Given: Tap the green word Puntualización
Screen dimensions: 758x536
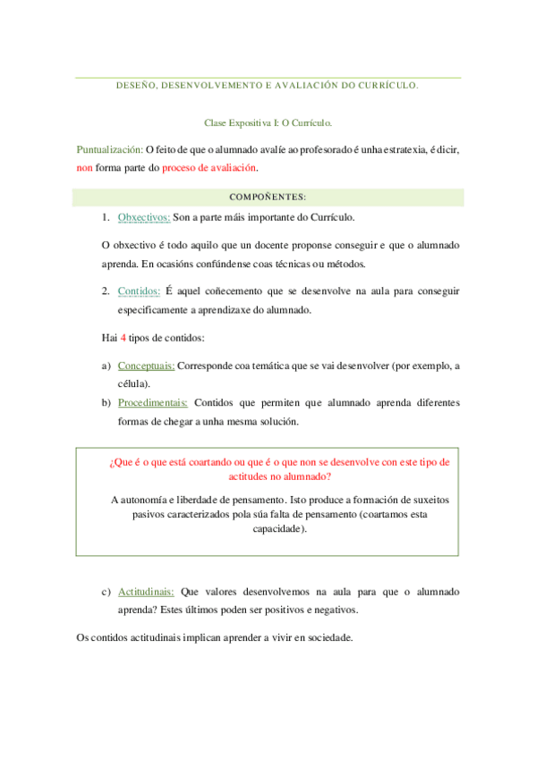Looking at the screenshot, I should (x=110, y=150).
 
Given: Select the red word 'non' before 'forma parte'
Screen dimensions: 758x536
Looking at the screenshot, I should (x=85, y=167).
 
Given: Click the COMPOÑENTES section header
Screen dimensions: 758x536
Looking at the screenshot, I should (x=268, y=196).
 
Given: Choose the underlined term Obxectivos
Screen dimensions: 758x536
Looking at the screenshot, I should (x=144, y=216).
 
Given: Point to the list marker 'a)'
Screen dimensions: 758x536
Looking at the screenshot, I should (x=106, y=365).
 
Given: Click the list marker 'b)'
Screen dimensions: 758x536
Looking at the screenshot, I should (x=106, y=402).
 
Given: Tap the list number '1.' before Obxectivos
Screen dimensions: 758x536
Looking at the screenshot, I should (x=106, y=216).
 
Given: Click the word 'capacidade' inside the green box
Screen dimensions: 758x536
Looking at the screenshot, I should (x=277, y=528).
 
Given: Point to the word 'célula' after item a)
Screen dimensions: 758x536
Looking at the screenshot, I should (x=132, y=383).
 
